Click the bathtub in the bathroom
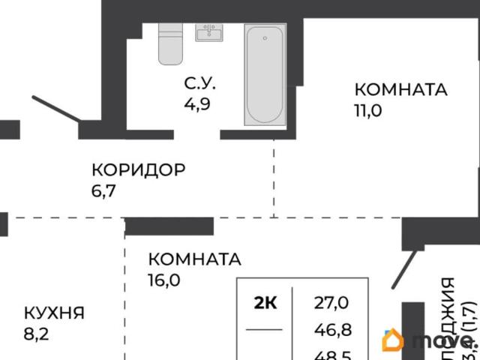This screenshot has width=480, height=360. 265,75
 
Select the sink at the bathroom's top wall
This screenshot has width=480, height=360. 208,32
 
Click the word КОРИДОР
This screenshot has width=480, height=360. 137,169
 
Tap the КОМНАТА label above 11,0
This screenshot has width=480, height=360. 400,89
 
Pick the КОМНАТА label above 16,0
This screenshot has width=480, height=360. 194,259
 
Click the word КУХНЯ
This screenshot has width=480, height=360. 53,313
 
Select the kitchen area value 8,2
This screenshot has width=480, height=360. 37,334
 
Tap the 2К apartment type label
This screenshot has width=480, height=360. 265,303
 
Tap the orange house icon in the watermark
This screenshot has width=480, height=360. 392,340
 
